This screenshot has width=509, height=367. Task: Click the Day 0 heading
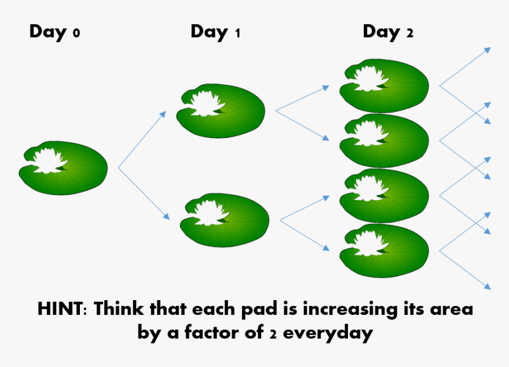click(x=54, y=33)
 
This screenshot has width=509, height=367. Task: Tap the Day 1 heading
click(x=215, y=33)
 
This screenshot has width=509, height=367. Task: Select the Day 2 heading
click(x=388, y=33)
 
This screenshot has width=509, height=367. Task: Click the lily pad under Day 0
click(x=63, y=168)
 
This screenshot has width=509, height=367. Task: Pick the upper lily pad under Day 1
click(x=221, y=111)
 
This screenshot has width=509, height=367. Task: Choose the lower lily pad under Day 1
click(x=225, y=220)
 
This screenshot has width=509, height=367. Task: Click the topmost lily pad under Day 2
click(x=384, y=86)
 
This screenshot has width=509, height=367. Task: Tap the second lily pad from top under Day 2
click(x=384, y=141)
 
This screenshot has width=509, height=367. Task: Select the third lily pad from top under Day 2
click(x=384, y=195)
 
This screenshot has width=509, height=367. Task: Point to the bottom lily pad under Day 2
click(x=384, y=251)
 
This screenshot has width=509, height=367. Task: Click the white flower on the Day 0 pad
click(x=49, y=160)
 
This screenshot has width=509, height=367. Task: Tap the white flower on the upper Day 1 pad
click(x=207, y=104)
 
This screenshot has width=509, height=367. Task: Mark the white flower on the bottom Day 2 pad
click(x=370, y=244)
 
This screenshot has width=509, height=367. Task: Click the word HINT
click(x=61, y=308)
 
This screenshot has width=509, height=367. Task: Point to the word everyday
click(x=328, y=333)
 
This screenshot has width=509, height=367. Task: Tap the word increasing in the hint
click(x=350, y=309)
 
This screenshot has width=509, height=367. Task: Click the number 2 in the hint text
click(x=273, y=334)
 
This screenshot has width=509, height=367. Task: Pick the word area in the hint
click(x=452, y=310)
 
